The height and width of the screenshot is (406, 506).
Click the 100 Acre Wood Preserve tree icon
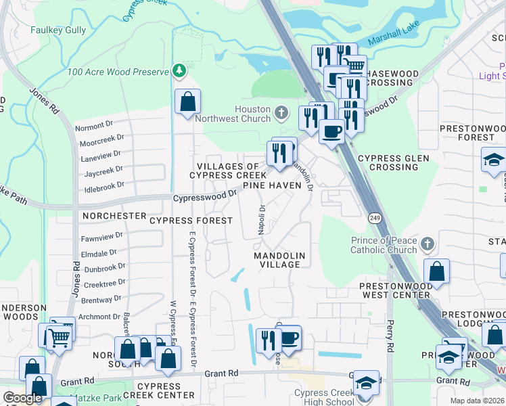click(x=179, y=70)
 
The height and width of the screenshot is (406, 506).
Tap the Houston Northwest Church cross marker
click(x=282, y=111)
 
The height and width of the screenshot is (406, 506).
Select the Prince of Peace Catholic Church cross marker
click(x=426, y=244)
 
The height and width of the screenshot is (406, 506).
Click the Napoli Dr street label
click(x=261, y=219)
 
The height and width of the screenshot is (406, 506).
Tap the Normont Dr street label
click(x=94, y=126)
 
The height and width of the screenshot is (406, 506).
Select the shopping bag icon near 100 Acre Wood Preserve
click(x=187, y=102)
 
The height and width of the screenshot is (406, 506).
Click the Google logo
click(x=23, y=398)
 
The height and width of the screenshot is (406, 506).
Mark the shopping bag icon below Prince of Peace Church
click(x=437, y=271)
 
